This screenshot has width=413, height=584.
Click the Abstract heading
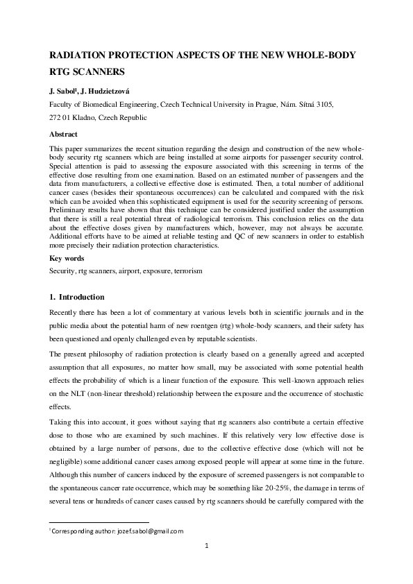(x=63, y=134)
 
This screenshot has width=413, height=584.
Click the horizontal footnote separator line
(x=99, y=522)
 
